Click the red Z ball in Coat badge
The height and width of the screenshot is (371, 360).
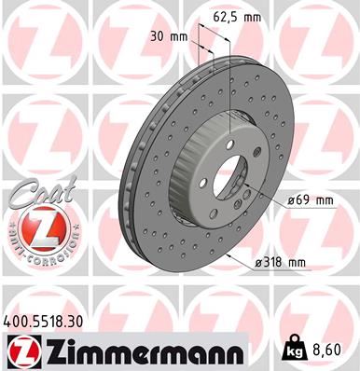pyautogui.click(x=35, y=227)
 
